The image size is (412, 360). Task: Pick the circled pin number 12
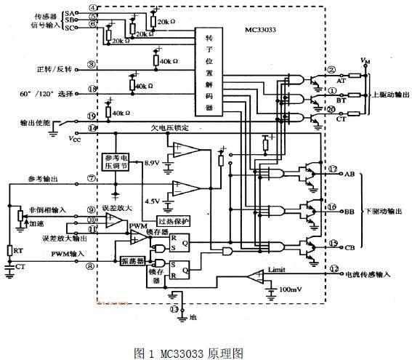pos(334,268)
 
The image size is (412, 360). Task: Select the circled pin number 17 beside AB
pos(333,170)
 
